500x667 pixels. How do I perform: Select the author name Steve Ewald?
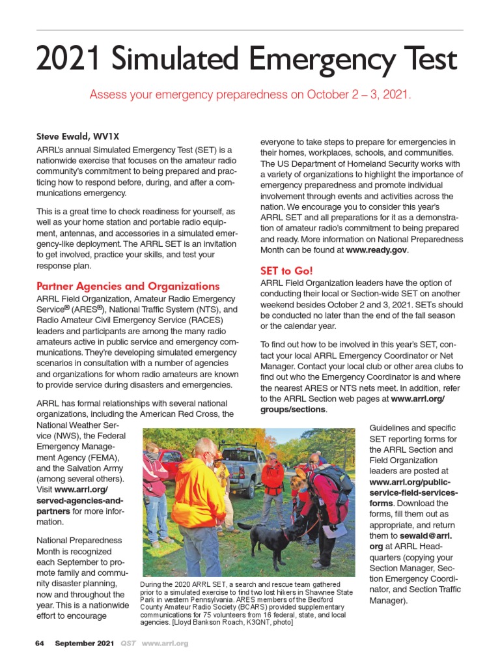click(64, 137)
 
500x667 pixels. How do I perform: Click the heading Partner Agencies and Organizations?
click(128, 286)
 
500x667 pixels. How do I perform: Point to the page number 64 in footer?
click(39, 644)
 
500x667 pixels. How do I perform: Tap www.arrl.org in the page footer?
click(165, 644)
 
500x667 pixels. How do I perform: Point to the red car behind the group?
click(171, 462)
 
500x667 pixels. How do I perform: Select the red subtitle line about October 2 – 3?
click(250, 94)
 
